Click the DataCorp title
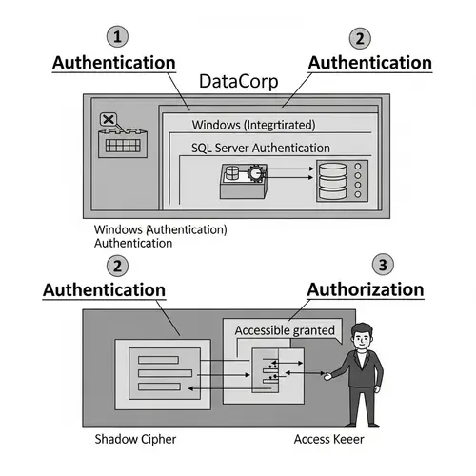click(x=238, y=82)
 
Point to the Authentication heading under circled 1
click(x=113, y=62)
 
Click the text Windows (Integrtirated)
click(x=252, y=125)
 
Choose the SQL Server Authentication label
click(x=259, y=149)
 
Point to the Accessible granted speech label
click(x=285, y=330)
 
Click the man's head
click(x=361, y=338)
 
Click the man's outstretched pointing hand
click(x=327, y=377)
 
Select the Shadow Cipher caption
click(x=136, y=439)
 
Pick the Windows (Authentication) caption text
click(x=160, y=230)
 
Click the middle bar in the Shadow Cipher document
click(x=166, y=372)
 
